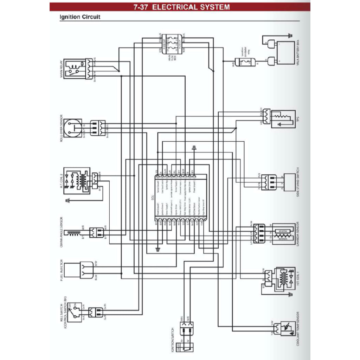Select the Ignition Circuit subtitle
pos(75,17)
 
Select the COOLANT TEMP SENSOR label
pos(298,329)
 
